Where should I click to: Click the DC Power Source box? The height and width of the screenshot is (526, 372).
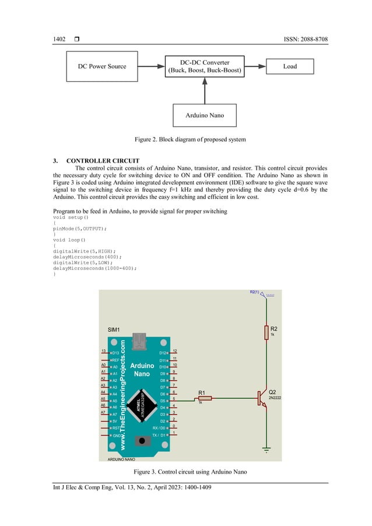click(102, 66)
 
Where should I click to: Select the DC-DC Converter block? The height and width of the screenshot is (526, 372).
click(204, 66)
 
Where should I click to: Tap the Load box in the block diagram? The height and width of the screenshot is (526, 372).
click(290, 66)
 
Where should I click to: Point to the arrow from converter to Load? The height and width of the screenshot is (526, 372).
click(254, 66)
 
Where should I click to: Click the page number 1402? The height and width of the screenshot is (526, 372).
click(59, 39)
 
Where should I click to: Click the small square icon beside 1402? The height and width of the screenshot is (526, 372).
click(77, 39)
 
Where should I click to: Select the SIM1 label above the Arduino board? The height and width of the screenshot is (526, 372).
click(114, 330)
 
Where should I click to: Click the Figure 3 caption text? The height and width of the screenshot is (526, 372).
click(186, 471)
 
